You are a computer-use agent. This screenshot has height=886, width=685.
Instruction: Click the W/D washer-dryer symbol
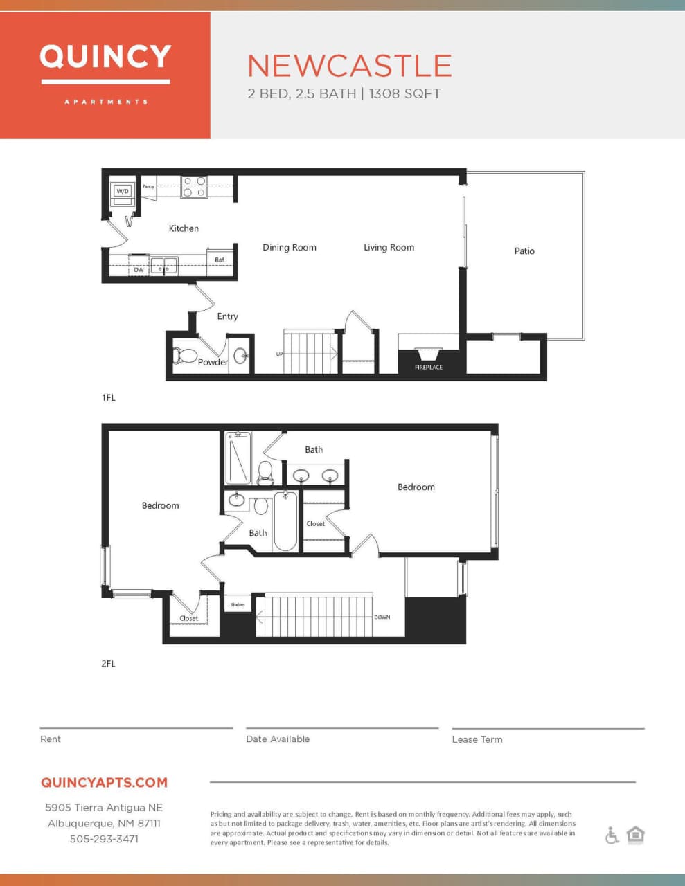(123, 191)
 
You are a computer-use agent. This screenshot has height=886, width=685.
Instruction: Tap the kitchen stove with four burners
(194, 187)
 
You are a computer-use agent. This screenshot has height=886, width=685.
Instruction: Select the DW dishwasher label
(139, 270)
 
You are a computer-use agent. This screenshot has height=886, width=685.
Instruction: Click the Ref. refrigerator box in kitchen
(220, 260)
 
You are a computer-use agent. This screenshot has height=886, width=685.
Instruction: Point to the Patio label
(524, 251)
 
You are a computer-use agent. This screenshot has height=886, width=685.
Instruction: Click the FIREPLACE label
(428, 368)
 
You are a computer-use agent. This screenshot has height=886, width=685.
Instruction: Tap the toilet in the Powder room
(185, 356)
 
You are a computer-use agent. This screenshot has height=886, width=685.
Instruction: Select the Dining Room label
(289, 248)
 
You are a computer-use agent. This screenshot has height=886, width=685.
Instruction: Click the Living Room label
(389, 248)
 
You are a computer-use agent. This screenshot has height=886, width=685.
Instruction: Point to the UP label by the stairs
(280, 354)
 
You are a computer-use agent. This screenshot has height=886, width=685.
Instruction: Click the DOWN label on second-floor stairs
(382, 617)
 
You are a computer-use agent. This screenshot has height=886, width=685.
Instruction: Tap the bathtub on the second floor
(285, 521)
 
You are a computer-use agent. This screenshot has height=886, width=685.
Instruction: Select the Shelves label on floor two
(238, 605)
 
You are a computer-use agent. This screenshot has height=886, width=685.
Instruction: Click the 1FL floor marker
(109, 398)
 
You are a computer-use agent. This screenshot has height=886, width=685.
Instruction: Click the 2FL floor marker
(109, 664)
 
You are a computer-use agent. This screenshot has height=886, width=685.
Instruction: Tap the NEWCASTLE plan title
(350, 66)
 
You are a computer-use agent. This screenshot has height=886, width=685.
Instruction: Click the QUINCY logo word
(105, 57)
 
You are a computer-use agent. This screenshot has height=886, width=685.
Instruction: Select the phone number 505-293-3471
(104, 839)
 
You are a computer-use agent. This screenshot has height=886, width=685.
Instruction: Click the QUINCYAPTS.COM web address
(104, 783)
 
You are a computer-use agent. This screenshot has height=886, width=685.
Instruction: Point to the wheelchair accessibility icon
(612, 835)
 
